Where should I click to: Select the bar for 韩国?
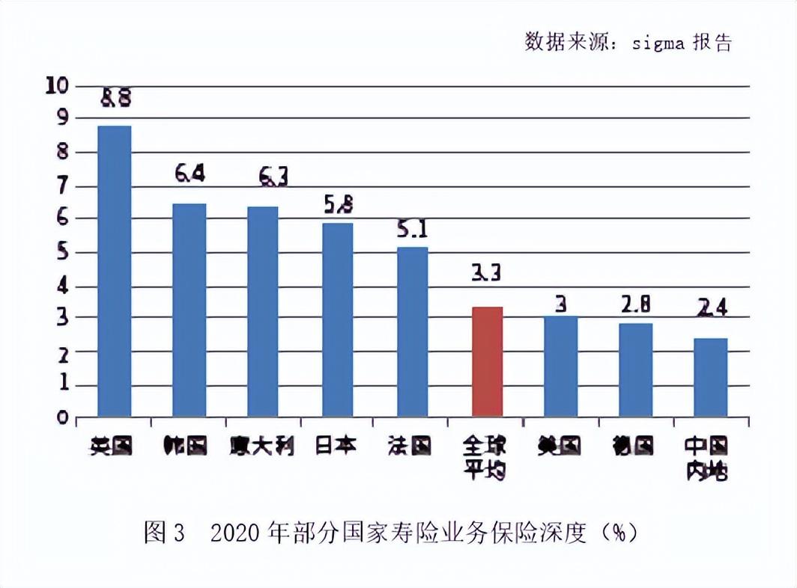point(189,310)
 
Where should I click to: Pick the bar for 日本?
point(338,319)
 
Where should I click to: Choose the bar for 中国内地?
point(710,377)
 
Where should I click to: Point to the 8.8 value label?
point(115,98)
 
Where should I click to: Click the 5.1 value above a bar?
point(412,228)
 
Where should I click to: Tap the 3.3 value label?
point(486,274)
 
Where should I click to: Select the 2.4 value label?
point(711,307)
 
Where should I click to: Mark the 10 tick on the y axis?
point(57,85)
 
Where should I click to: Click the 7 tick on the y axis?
point(61,184)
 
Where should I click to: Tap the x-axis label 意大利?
point(262,446)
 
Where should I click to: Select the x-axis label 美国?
point(560,446)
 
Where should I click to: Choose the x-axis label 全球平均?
point(485,459)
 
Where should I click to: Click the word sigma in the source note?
point(658,43)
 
